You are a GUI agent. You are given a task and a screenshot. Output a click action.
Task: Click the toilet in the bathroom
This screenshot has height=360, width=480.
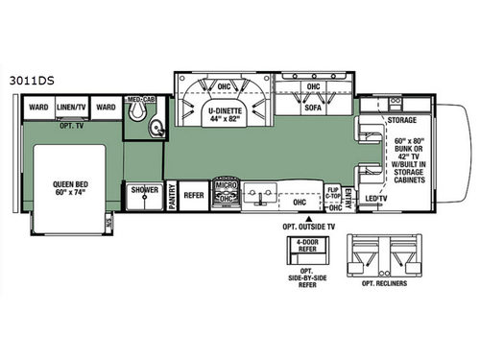click(140, 116)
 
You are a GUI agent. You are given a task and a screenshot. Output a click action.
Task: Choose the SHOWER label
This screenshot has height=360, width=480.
click(145, 190)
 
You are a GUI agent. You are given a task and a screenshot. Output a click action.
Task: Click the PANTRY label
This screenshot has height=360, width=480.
click(172, 196)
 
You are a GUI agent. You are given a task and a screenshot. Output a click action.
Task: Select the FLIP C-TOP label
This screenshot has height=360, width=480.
click(334, 193)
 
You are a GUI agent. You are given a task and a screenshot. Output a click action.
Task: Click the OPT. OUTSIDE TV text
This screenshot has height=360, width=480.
click(307, 231)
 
